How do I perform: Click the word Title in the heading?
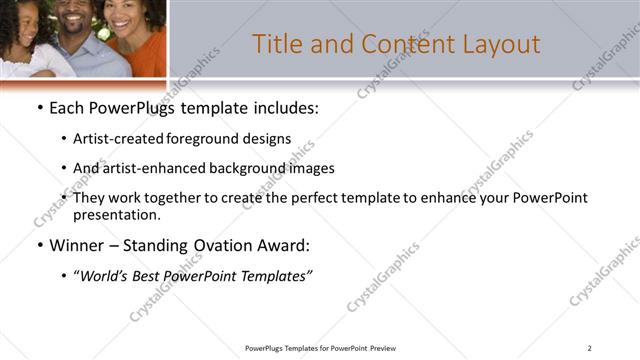[x=277, y=44]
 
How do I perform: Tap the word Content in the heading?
[x=402, y=44]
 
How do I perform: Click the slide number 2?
[x=590, y=348]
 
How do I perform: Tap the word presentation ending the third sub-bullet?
[x=117, y=214]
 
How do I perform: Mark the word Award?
[x=284, y=245]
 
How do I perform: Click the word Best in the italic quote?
[x=156, y=275]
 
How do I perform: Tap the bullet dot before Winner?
[x=39, y=245]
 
